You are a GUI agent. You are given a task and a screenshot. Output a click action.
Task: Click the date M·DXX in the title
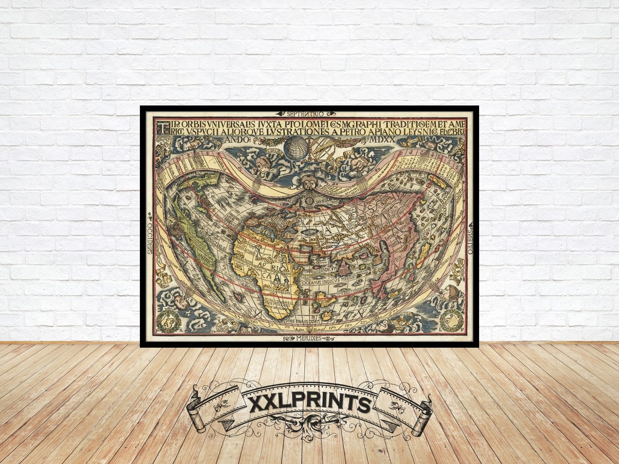(377, 140)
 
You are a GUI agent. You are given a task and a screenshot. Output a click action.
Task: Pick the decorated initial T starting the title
(160, 125)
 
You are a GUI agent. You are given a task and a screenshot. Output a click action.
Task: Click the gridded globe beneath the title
(296, 148)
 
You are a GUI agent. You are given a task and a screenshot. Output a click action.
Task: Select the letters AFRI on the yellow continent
(264, 267)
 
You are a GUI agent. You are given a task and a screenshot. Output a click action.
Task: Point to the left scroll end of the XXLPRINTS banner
(198, 412)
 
